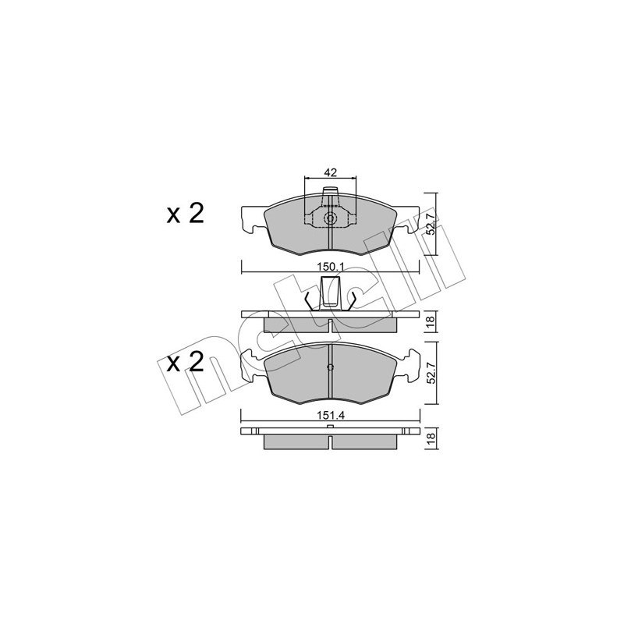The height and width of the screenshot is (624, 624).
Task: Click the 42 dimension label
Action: point(330,172)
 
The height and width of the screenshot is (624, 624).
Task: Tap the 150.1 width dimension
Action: point(330,267)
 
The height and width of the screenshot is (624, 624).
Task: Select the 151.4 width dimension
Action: point(330,416)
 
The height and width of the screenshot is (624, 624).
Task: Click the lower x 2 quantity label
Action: point(185,363)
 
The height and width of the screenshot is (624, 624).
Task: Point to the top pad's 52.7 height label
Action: point(431,224)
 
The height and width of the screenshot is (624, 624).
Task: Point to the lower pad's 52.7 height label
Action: point(431,373)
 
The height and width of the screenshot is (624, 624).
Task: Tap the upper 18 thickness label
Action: point(431,321)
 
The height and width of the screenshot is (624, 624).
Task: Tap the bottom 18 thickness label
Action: point(431,438)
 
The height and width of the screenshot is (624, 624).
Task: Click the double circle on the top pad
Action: point(330,218)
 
